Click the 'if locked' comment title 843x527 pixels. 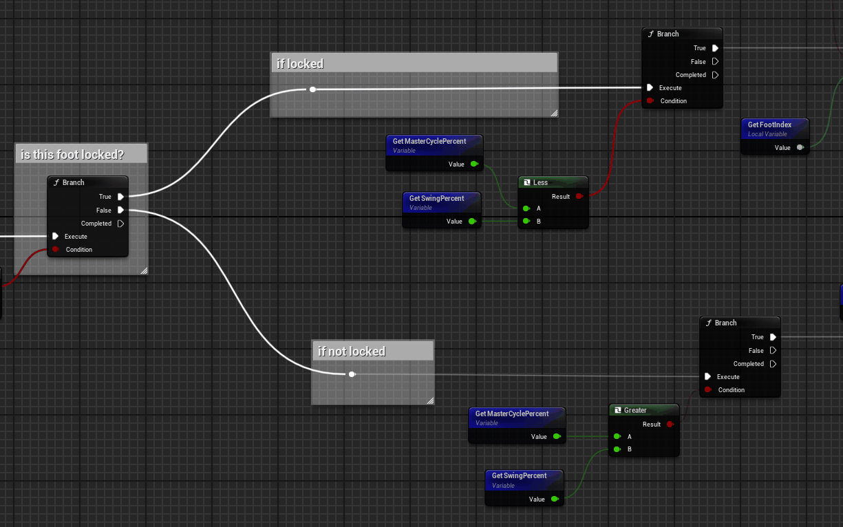(300, 63)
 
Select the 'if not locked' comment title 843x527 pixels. (352, 352)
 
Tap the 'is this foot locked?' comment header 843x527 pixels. (72, 155)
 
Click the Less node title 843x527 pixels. (540, 182)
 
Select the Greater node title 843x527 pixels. (635, 410)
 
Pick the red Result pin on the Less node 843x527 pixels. (579, 196)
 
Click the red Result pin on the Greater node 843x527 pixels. (670, 424)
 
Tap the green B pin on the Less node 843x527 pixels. (526, 221)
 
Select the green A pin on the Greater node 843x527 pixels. (617, 436)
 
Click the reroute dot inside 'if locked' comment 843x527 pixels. (312, 89)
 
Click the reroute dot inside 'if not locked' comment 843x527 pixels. (352, 374)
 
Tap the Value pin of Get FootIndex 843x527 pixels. (800, 147)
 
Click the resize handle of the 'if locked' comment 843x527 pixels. (554, 114)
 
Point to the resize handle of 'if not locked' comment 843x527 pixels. (431, 401)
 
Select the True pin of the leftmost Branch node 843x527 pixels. (121, 196)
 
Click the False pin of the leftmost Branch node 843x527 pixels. (121, 210)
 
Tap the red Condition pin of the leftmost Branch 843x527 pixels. (56, 249)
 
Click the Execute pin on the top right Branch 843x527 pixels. (650, 87)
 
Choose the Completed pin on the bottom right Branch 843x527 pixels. (773, 364)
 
